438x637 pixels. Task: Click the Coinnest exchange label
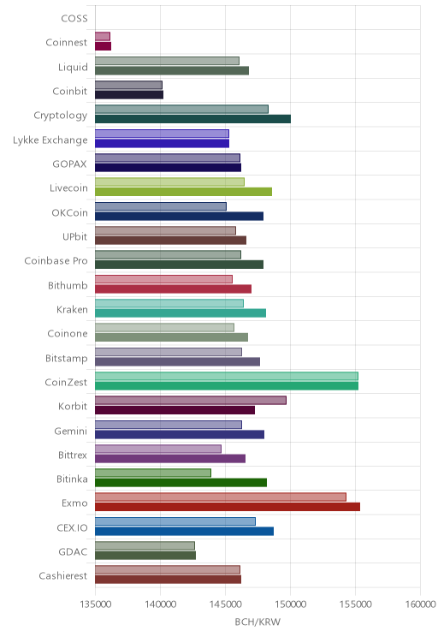(x=66, y=43)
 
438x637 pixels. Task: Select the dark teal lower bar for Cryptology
(x=192, y=119)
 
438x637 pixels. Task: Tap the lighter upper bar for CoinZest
(x=227, y=376)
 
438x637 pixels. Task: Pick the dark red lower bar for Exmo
(x=228, y=507)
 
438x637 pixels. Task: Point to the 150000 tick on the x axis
(x=290, y=604)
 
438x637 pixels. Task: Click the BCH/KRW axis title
(x=257, y=622)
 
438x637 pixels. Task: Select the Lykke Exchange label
(x=50, y=140)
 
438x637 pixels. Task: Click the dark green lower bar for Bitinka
(x=181, y=483)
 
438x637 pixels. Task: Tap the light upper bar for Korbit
(x=191, y=400)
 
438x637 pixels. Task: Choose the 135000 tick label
(x=96, y=604)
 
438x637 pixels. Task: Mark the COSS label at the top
(x=74, y=19)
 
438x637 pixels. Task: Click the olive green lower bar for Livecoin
(x=183, y=192)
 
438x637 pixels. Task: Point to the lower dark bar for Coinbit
(x=129, y=95)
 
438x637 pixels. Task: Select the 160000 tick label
(x=421, y=604)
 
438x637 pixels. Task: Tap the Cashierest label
(x=63, y=576)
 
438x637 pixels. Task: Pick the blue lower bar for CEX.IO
(x=184, y=531)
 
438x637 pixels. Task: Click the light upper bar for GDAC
(x=145, y=545)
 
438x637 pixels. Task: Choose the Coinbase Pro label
(x=56, y=261)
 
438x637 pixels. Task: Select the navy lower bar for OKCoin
(x=180, y=216)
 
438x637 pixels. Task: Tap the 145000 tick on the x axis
(x=225, y=604)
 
